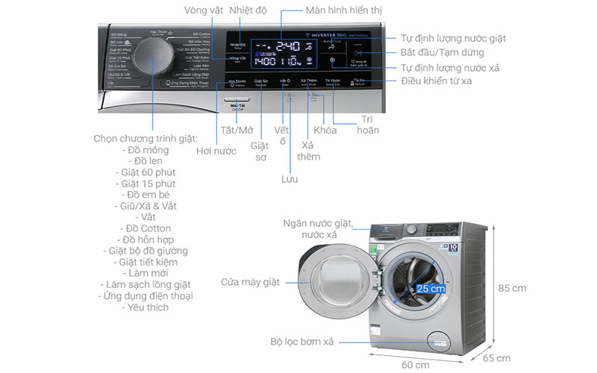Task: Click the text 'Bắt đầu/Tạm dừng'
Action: click(442, 52)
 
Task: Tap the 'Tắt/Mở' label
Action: click(237, 130)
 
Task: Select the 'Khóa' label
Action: click(325, 130)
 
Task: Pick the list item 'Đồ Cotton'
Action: click(145, 228)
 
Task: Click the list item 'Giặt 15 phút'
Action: click(147, 184)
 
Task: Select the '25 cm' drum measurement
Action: click(432, 288)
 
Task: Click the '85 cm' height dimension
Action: click(513, 288)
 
